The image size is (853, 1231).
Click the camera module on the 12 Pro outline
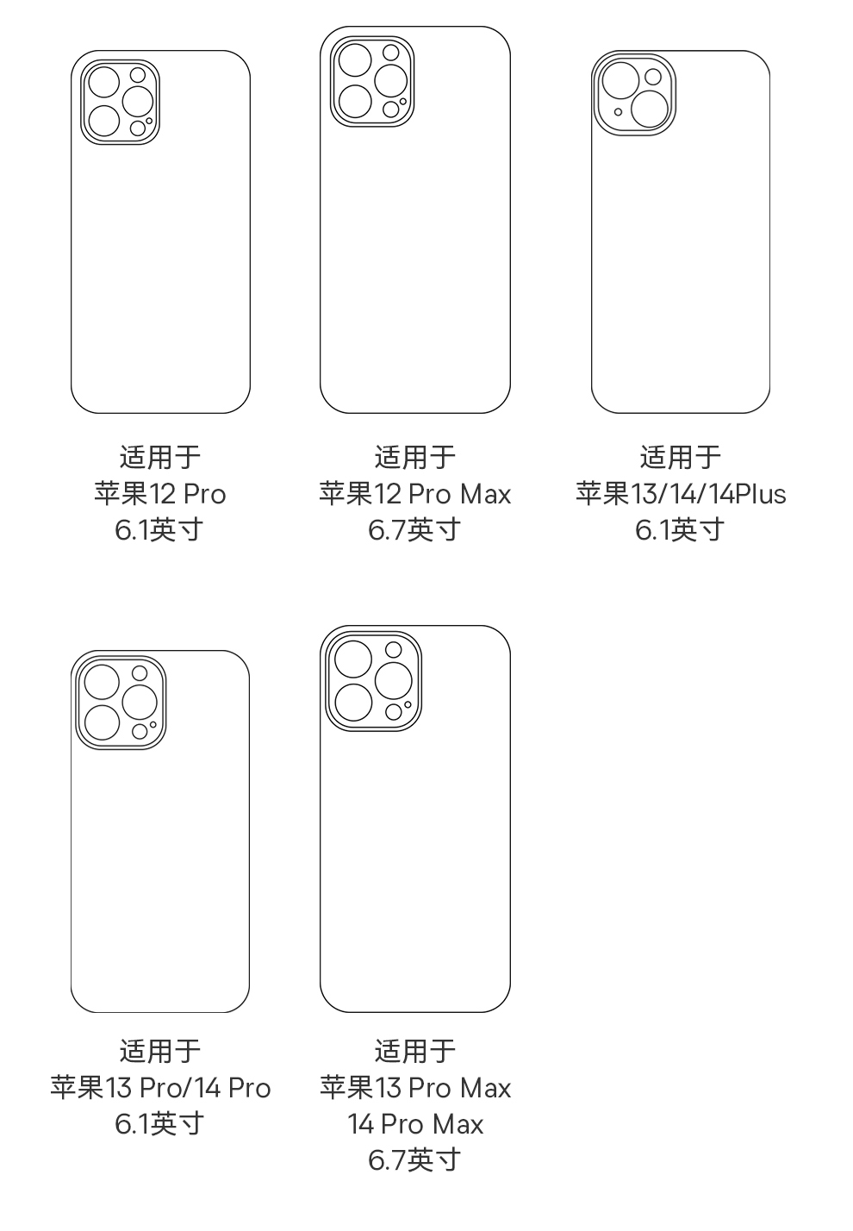tap(120, 101)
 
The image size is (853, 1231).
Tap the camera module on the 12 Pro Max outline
tap(372, 82)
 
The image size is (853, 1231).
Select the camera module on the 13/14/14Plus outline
tap(634, 95)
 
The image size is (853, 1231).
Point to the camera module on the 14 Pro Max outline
tap(373, 681)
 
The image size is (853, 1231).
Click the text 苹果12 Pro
tap(160, 494)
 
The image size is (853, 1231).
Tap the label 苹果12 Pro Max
tap(414, 494)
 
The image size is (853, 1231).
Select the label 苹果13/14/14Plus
tap(681, 494)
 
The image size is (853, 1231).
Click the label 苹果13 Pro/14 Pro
tap(160, 1088)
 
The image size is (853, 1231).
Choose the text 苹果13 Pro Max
tap(414, 1088)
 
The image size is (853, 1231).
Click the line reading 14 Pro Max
tap(414, 1124)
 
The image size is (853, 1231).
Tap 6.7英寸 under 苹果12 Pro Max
tap(414, 529)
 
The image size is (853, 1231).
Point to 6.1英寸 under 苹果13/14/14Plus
tap(681, 529)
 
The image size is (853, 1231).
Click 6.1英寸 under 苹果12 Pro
tap(160, 529)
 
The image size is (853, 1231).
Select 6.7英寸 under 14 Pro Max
tap(414, 1160)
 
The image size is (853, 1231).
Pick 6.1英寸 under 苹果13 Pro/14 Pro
tap(160, 1124)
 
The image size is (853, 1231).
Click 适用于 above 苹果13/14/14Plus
tap(681, 457)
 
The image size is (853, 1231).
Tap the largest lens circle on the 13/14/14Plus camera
tap(651, 109)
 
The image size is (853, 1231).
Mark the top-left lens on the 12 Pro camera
tap(104, 83)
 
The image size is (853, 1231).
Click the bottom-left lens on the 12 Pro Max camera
tap(355, 101)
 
